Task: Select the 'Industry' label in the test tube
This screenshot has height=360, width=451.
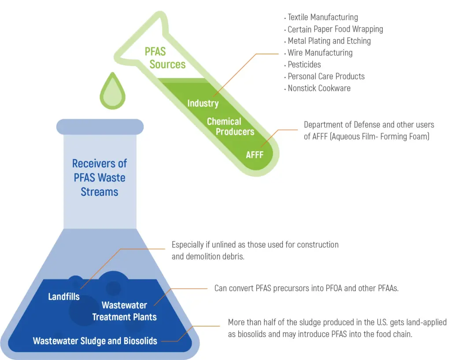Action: tap(203, 103)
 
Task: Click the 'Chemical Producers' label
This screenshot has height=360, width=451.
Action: tap(230, 126)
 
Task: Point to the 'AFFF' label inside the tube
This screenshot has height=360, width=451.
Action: tap(254, 155)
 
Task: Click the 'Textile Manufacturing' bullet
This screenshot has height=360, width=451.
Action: tap(322, 18)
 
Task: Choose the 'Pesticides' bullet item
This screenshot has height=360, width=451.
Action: tap(304, 64)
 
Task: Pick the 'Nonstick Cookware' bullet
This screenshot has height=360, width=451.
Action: tap(319, 88)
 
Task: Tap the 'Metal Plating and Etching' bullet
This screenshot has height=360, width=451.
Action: tap(329, 41)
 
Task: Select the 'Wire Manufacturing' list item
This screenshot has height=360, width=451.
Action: tap(320, 53)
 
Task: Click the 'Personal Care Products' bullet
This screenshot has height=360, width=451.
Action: tap(326, 76)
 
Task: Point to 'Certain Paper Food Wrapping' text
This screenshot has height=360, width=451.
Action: tap(335, 29)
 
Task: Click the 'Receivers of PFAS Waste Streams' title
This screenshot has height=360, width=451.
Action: tap(100, 178)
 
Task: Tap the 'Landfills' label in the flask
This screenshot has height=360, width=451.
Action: tap(64, 297)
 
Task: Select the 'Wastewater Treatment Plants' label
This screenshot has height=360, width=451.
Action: tap(124, 311)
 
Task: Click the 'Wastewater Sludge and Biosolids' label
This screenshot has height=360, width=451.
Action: tap(95, 341)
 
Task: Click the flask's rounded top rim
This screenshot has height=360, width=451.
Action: tap(100, 127)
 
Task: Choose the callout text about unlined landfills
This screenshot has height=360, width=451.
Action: tap(255, 250)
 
